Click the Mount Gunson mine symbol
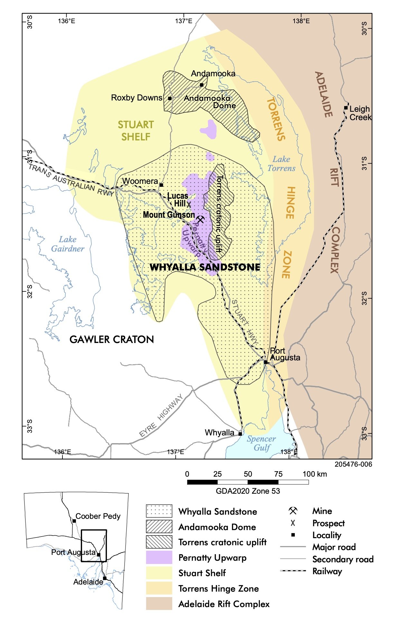point(200,220)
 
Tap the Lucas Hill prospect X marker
point(189,204)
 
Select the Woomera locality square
point(161,185)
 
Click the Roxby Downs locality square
point(170,98)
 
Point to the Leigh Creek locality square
point(346,108)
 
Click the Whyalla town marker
point(240,434)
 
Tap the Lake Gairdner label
point(68,244)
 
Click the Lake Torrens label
point(281,164)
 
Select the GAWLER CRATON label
point(112,339)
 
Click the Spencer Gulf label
point(261,443)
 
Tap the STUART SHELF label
point(136,131)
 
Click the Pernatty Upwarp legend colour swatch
point(159,557)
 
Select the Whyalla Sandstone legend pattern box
point(159,511)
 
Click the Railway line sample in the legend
point(293,571)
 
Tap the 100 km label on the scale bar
point(314,474)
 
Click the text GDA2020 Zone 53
point(248,491)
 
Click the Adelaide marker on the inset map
point(105,578)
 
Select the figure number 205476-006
point(353,464)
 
